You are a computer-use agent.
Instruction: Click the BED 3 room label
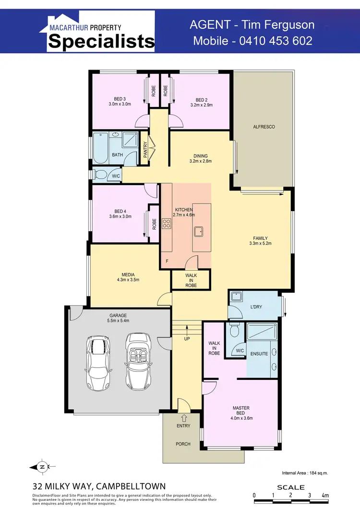click(120, 99)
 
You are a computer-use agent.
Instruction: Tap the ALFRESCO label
click(264, 127)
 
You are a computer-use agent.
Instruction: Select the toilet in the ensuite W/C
click(235, 331)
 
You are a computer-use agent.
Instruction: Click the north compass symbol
click(42, 467)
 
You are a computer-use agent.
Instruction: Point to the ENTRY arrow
click(183, 417)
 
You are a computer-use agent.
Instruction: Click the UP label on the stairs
click(187, 339)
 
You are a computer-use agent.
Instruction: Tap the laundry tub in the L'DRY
click(236, 296)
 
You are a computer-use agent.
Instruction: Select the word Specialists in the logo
click(101, 42)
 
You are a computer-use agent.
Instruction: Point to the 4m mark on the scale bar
click(325, 495)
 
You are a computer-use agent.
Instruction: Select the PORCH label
click(183, 444)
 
